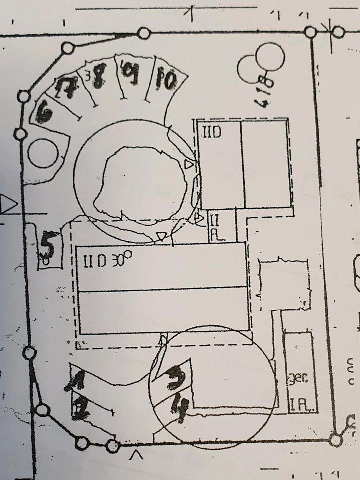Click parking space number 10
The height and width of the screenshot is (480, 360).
click(165, 80)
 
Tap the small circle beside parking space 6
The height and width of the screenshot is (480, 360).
click(44, 154)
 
